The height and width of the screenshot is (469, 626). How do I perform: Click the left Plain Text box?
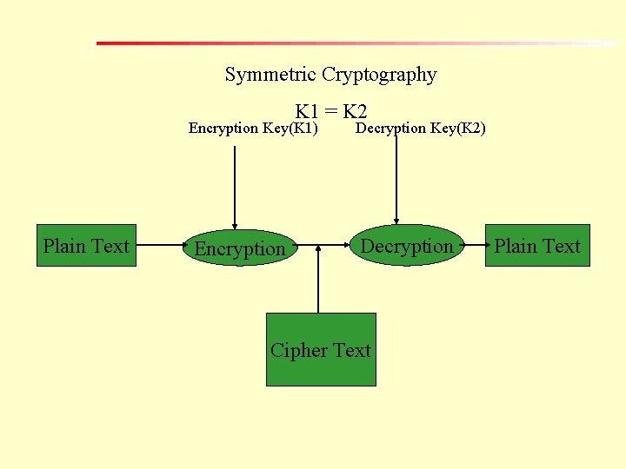(x=86, y=246)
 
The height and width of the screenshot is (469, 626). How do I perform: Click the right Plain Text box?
(x=537, y=246)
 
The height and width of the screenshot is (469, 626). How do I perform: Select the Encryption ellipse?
(x=239, y=248)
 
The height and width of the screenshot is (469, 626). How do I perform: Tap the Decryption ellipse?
(x=407, y=246)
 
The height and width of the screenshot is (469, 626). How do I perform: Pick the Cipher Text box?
(x=321, y=349)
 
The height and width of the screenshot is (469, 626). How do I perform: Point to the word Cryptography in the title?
(x=379, y=75)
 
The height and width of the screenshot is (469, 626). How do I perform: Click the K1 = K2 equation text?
(x=331, y=111)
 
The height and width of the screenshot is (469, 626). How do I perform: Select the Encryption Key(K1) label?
(x=253, y=129)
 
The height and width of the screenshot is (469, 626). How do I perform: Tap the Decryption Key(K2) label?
(x=422, y=129)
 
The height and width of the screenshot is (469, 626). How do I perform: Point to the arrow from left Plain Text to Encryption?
(x=162, y=245)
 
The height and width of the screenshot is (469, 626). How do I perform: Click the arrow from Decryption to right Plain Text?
(x=475, y=245)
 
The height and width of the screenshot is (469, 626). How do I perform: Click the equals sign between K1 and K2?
(x=331, y=111)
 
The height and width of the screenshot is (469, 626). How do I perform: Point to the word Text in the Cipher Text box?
(x=351, y=350)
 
